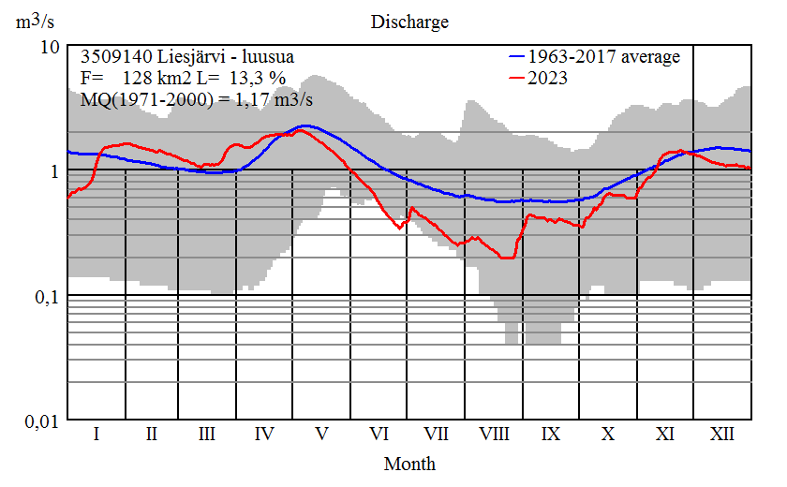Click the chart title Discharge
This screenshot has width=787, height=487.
(x=409, y=22)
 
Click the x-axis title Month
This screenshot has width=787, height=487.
(x=409, y=464)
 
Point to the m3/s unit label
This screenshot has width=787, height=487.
(x=34, y=22)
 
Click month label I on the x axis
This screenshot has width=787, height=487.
(x=96, y=435)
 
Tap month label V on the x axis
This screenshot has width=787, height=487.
(x=322, y=435)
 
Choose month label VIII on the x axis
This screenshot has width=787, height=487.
(x=494, y=435)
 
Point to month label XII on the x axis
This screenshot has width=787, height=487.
(x=721, y=435)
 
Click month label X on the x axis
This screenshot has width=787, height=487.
(x=608, y=435)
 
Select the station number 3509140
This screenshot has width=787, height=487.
(x=111, y=57)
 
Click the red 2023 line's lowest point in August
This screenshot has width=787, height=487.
(x=507, y=258)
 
